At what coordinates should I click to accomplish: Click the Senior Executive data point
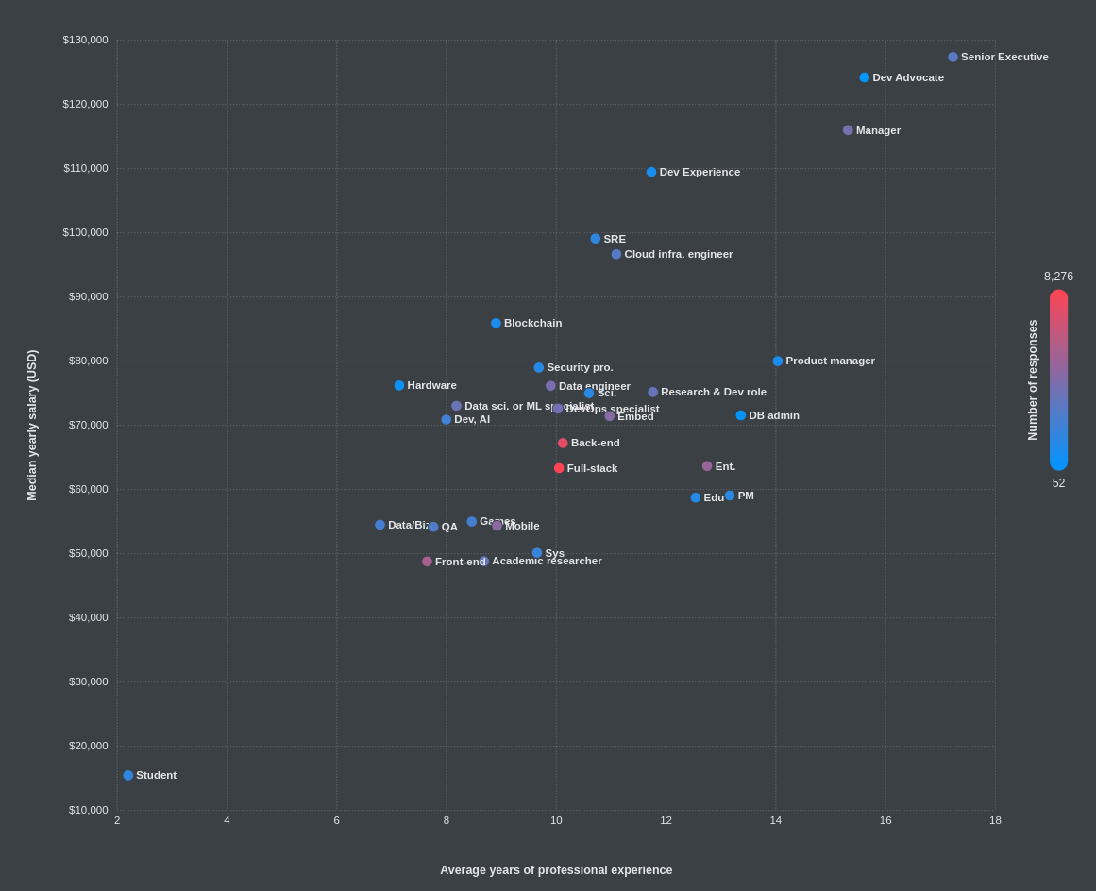[953, 58]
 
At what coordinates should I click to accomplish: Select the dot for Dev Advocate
[864, 77]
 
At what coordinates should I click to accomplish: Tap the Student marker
[128, 776]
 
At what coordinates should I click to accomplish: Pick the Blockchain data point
[496, 323]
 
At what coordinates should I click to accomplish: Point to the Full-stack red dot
[559, 468]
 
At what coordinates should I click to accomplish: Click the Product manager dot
[778, 361]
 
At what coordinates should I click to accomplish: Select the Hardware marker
[399, 385]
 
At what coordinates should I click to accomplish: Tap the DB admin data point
[741, 415]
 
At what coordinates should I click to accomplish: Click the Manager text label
[878, 130]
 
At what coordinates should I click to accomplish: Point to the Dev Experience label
[700, 172]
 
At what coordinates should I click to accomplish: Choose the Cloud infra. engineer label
[678, 254]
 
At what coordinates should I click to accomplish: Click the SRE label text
[615, 239]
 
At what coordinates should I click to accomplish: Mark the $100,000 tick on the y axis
[85, 232]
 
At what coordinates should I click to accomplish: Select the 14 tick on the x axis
[776, 820]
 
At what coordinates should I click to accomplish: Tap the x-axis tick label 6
[337, 820]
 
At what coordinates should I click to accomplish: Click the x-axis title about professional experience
[556, 870]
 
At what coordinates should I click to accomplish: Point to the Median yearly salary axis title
[32, 425]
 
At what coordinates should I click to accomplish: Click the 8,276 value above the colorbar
[1058, 277]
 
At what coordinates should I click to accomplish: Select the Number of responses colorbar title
[1033, 379]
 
